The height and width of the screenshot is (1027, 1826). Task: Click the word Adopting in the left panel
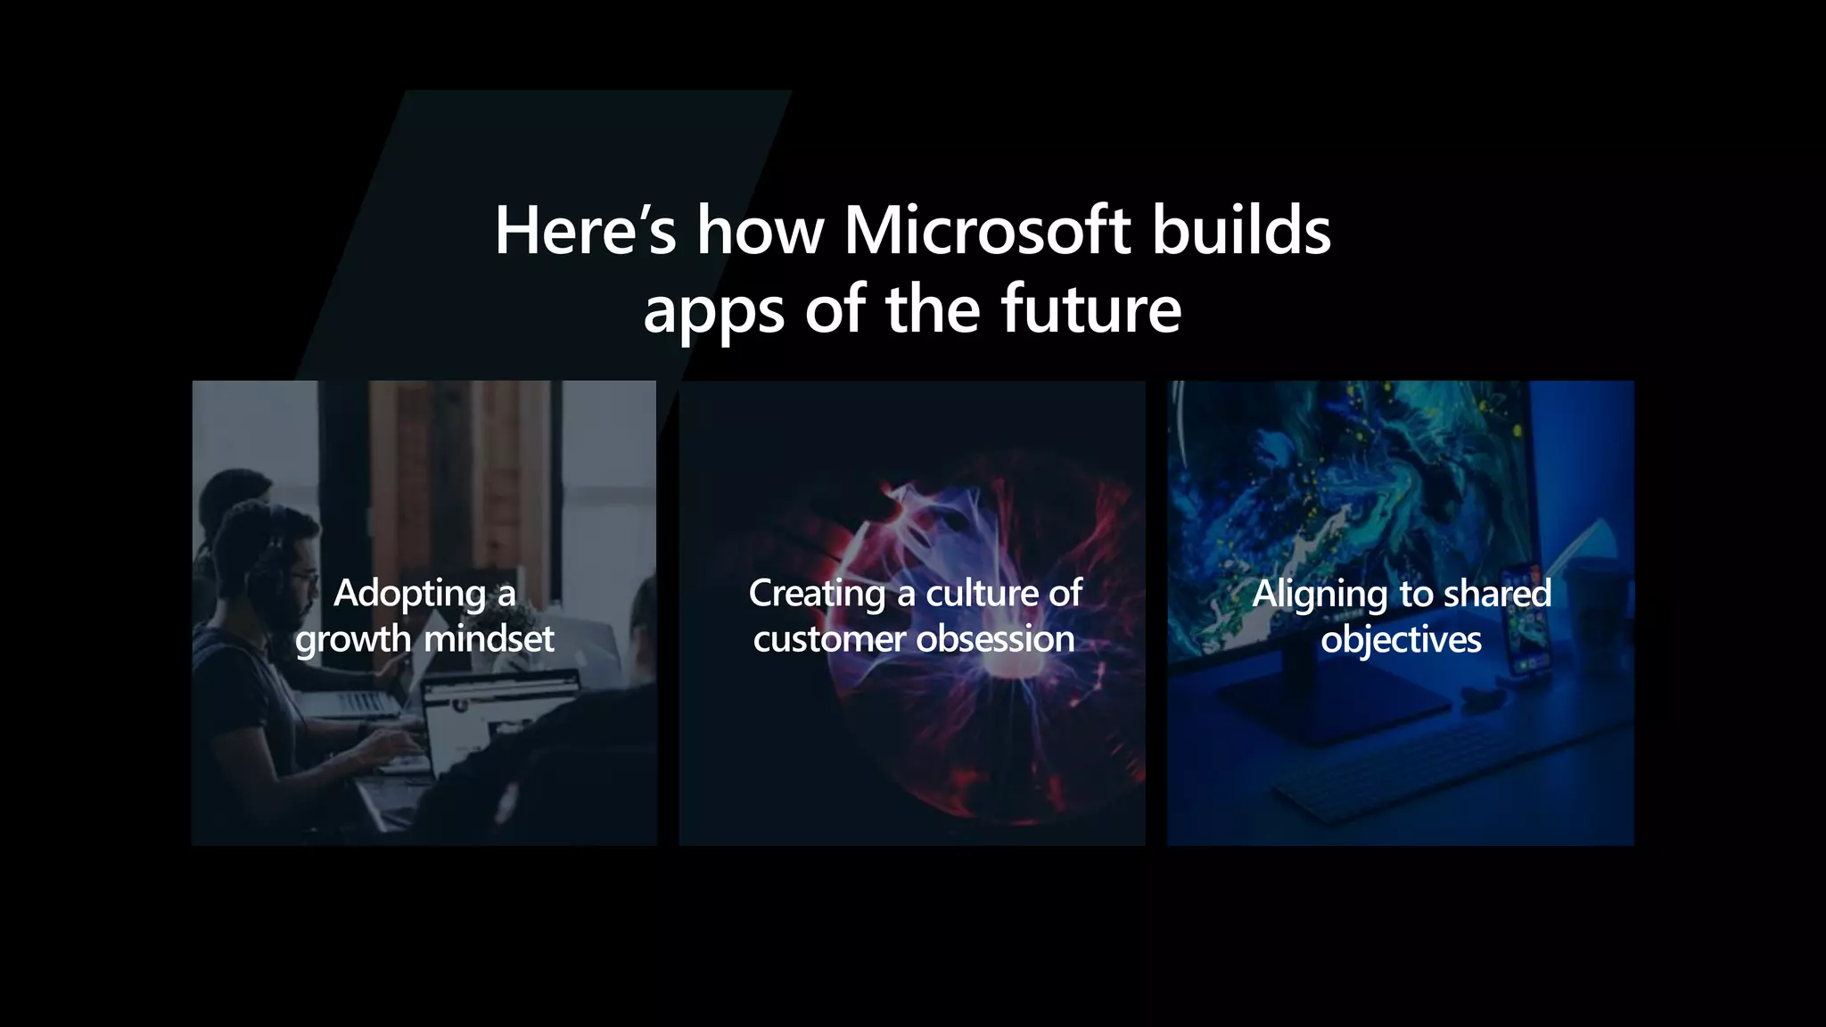[x=409, y=594]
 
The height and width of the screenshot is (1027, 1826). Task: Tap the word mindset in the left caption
[x=489, y=639]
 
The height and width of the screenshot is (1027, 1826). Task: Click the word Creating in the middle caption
[x=817, y=594]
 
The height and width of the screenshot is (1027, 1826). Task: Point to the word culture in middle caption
[x=981, y=594]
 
